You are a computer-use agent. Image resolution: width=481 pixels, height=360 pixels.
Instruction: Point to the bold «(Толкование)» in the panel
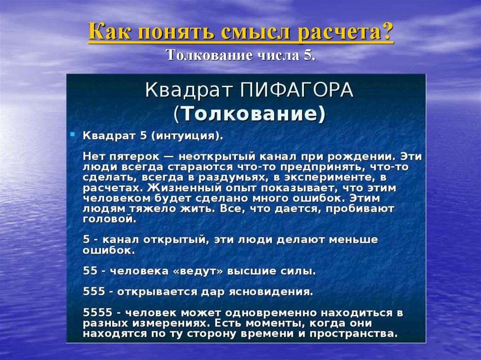tap(249, 114)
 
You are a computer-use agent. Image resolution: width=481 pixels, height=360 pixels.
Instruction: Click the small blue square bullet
tap(72, 134)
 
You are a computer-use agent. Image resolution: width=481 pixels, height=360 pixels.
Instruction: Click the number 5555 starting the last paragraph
tap(96, 313)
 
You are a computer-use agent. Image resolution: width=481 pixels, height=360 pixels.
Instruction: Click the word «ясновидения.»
tap(269, 291)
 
